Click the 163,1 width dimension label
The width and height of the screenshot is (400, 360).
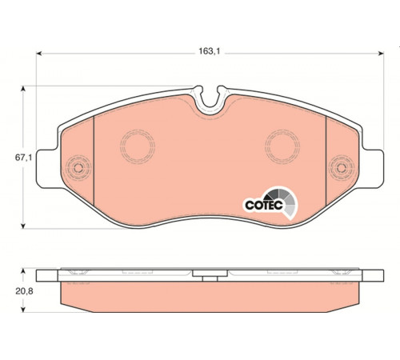coord(210,51)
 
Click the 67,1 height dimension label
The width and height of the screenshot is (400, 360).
coord(23,158)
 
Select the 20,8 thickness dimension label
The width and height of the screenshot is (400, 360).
coord(24,291)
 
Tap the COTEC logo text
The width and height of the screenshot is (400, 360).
coord(264,205)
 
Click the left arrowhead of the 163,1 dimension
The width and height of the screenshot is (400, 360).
coord(39,54)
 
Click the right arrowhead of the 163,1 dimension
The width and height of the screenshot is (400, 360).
coord(381,54)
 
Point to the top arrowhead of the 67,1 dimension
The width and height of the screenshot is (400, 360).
coord(23,89)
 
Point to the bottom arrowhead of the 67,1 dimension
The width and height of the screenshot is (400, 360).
coord(23,226)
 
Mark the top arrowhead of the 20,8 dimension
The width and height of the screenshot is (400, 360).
coord(23,271)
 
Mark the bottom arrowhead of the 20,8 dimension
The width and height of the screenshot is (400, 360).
coord(23,310)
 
